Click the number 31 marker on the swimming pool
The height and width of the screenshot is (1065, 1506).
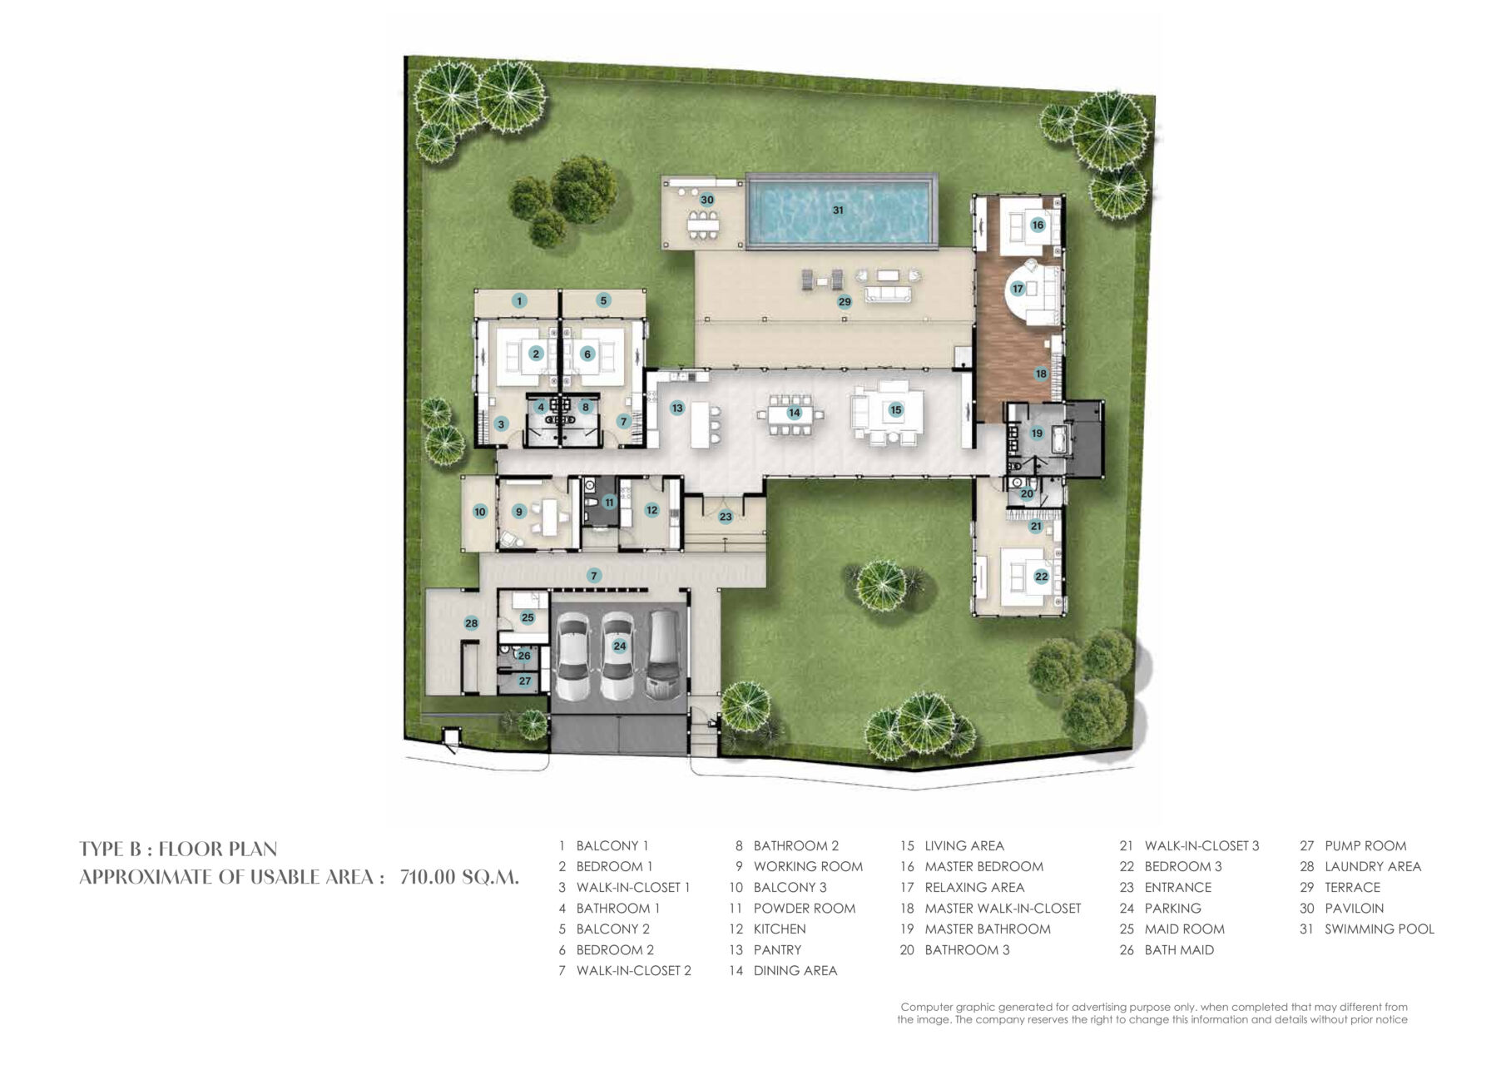tap(838, 211)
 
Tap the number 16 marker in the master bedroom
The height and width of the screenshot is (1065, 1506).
tap(1038, 225)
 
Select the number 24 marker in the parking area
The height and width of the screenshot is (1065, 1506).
tap(619, 646)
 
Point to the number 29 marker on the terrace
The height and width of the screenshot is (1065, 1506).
tap(845, 301)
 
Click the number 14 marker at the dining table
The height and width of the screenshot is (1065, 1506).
tap(795, 412)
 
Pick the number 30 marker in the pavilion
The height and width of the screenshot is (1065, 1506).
tap(707, 200)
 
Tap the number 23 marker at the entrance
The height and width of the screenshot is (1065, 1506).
tap(726, 517)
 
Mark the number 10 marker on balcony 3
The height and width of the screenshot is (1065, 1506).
tap(480, 512)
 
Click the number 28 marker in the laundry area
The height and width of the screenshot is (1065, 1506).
tap(472, 623)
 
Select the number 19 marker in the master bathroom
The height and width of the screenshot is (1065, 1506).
tap(1037, 433)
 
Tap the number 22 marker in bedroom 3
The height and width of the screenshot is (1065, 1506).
tap(1041, 576)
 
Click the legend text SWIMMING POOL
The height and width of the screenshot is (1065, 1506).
tap(1380, 929)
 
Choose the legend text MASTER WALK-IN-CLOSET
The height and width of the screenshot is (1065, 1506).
tap(1003, 908)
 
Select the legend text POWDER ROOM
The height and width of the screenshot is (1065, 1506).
tap(805, 908)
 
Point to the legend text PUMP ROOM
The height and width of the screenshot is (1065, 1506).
tap(1365, 845)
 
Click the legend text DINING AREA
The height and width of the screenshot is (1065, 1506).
tap(795, 970)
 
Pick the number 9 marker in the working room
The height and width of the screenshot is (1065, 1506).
tap(519, 512)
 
